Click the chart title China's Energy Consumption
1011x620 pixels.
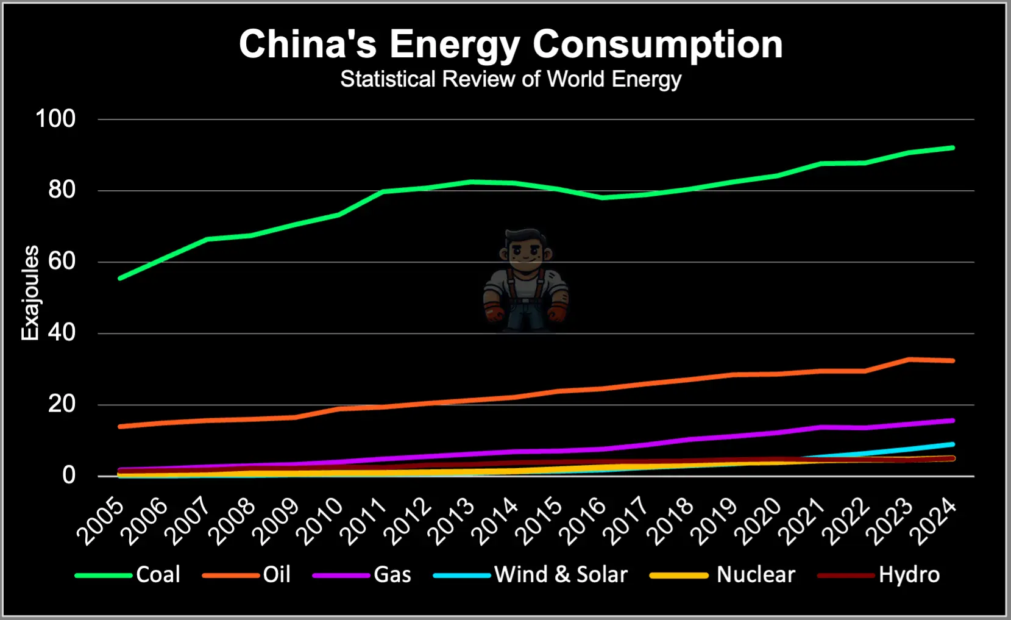(511, 44)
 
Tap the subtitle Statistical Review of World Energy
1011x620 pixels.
(511, 79)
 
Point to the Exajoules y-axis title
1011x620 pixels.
(30, 293)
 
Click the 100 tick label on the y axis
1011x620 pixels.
(55, 118)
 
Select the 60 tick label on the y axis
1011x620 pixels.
(62, 261)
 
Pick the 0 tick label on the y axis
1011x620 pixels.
(69, 475)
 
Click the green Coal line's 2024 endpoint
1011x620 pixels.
(952, 148)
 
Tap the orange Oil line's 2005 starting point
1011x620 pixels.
(120, 426)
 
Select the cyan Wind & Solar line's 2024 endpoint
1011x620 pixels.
(952, 444)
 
